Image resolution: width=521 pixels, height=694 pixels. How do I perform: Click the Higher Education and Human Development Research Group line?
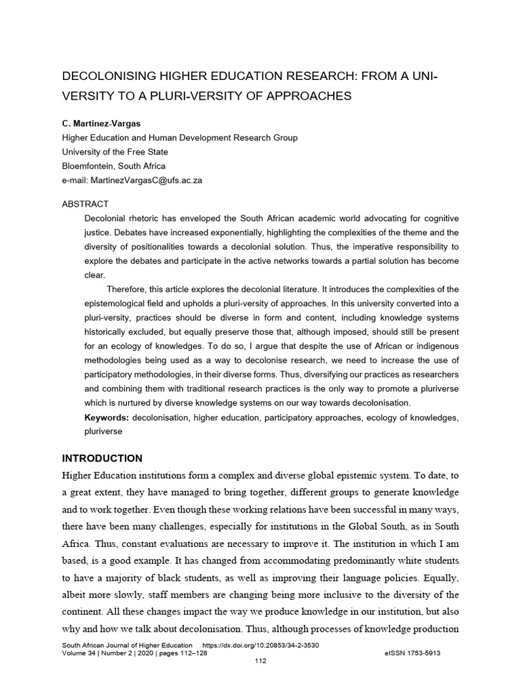point(180,138)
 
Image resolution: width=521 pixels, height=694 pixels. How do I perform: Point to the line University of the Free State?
point(115,152)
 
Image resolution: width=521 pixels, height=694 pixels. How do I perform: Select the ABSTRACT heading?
point(85,204)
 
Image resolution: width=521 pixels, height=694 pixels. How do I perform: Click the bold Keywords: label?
point(107,417)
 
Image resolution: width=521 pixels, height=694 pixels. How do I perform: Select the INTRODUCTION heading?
point(102,458)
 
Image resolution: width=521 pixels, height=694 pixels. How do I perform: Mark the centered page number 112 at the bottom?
point(260,661)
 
